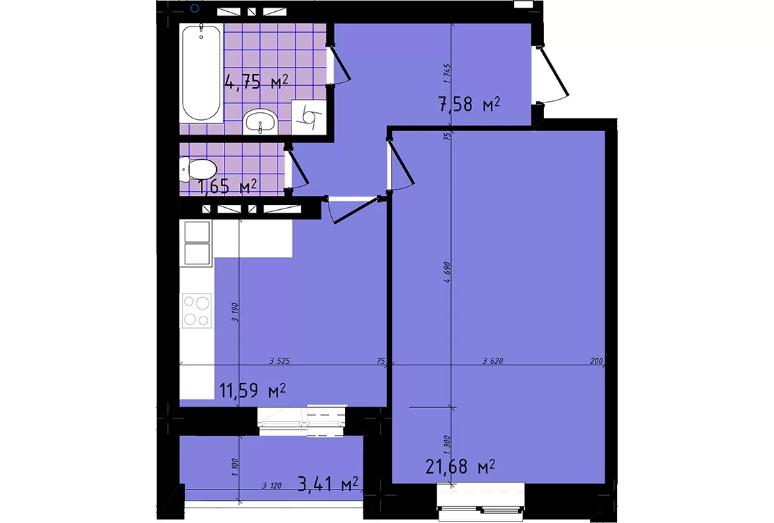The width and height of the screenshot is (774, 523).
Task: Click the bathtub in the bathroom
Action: tap(201, 73)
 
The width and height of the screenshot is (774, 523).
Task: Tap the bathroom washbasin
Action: tap(260, 121)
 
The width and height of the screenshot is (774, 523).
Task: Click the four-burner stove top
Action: tap(197, 310)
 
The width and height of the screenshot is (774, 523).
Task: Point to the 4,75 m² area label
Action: tap(256, 82)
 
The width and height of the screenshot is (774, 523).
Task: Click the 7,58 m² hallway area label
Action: tap(469, 104)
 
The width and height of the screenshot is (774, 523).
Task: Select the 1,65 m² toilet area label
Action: tap(227, 187)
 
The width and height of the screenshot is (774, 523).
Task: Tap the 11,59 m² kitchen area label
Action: tap(252, 391)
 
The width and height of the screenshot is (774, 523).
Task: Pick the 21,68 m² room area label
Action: tap(460, 467)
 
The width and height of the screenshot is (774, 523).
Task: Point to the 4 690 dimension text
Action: tap(447, 272)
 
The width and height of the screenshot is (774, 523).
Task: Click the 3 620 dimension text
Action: tap(492, 361)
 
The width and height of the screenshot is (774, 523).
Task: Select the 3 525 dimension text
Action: tap(280, 361)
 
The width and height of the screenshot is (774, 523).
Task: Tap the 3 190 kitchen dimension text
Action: tap(235, 312)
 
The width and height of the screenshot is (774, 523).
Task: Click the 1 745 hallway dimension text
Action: tap(447, 73)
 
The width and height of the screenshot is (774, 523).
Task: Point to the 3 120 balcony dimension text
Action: tap(272, 486)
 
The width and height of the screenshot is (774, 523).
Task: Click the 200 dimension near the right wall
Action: tap(596, 361)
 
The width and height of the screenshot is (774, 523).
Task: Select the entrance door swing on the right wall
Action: tap(554, 74)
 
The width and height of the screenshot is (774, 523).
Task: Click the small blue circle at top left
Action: tap(195, 8)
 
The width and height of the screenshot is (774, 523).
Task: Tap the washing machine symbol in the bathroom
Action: tap(309, 116)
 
